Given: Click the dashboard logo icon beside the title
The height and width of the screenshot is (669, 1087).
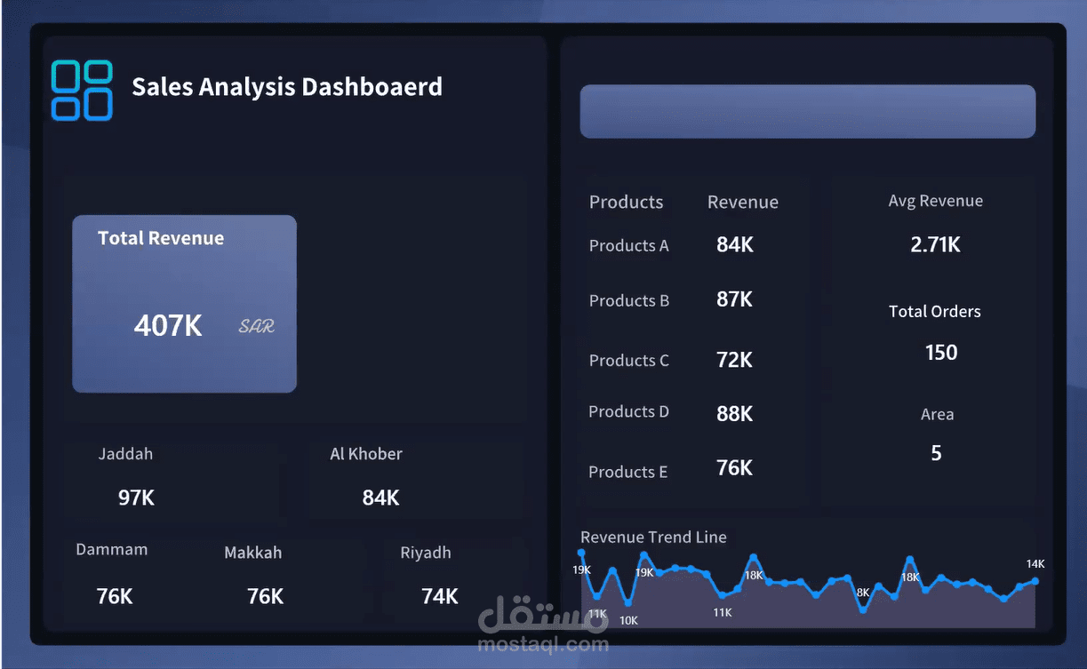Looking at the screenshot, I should tap(82, 90).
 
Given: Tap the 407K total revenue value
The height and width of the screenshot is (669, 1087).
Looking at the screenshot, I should tap(168, 326).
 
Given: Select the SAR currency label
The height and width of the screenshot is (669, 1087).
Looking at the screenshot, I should tap(256, 326).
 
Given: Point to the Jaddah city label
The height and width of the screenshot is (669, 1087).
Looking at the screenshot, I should tap(125, 454).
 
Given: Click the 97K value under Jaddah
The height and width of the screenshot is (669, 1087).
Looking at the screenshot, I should tap(136, 498).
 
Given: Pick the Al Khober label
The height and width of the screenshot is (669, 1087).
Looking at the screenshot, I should tap(366, 454).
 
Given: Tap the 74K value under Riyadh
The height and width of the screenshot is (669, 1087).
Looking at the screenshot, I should tap(439, 596).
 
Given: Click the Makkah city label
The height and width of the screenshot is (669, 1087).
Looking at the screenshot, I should tap(252, 553).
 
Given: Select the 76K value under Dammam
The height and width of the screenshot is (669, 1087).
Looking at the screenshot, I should tap(114, 596).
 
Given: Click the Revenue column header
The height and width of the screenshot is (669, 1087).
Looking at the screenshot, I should tap(742, 203).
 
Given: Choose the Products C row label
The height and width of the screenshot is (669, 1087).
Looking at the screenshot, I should tap(628, 361).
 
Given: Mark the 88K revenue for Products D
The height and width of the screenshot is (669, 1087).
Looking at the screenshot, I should tap(734, 413).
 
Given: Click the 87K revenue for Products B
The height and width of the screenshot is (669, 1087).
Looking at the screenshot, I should tap(734, 300).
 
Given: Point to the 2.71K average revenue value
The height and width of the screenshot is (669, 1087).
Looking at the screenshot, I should tap(935, 245).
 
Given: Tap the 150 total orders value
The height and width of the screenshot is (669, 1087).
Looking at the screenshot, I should tap(940, 353).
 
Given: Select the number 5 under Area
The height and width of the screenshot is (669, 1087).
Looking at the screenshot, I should tap(936, 454).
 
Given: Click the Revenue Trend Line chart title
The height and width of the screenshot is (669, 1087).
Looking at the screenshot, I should tap(653, 538).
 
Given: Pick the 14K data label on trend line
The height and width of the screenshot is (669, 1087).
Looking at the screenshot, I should tap(1035, 564).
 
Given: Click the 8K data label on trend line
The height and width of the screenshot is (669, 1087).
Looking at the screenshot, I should tap(862, 593).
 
